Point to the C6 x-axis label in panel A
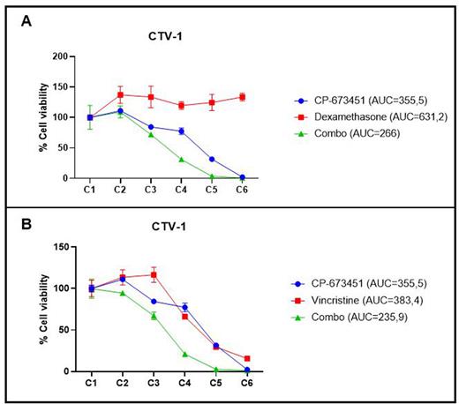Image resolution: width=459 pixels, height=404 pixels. point(242,188)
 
